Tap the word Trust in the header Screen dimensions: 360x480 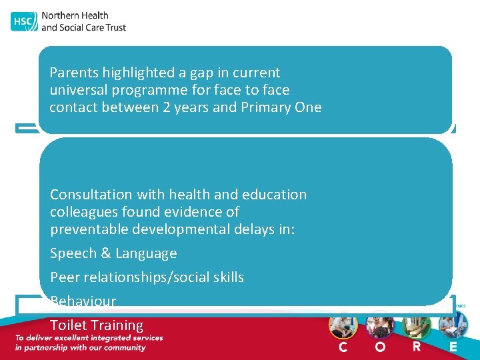coord(114,27)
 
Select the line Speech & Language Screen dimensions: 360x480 coord(113,253)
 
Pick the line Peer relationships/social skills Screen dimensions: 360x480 coord(147,277)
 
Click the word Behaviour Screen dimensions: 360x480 coord(83,301)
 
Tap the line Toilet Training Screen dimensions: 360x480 coord(97,325)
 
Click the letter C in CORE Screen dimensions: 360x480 coord(343,347)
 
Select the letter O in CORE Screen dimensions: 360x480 coord(380,347)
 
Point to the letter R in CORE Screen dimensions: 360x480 coord(417,347)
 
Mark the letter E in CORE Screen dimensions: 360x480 coord(453,347)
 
